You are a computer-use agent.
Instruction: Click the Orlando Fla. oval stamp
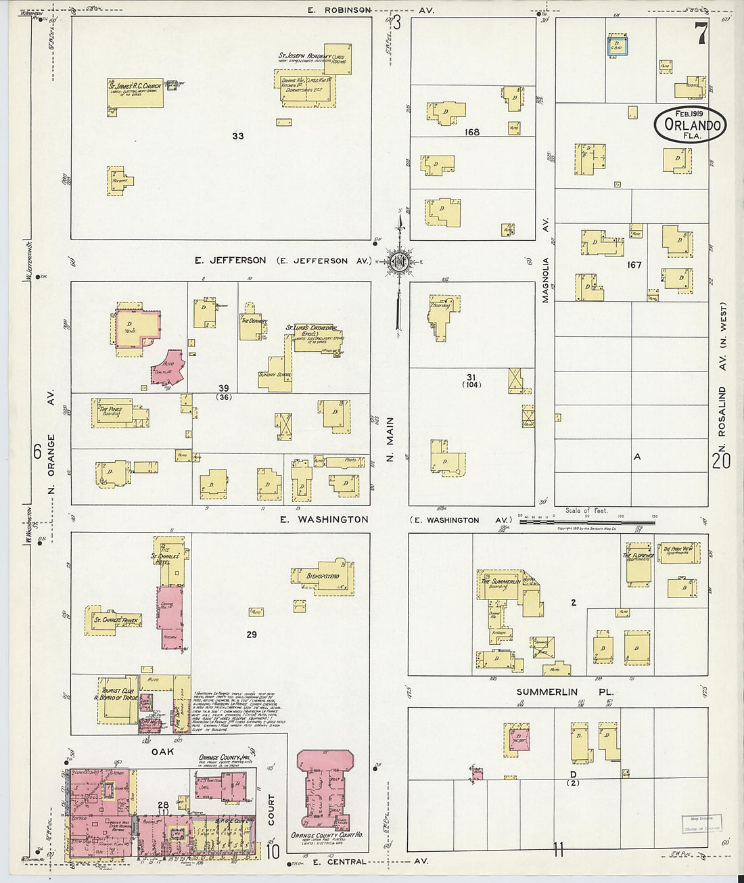pyautogui.click(x=690, y=125)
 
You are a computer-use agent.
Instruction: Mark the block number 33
pyautogui.click(x=237, y=136)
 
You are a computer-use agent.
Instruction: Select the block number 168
pyautogui.click(x=471, y=132)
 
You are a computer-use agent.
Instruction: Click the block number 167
pyautogui.click(x=634, y=265)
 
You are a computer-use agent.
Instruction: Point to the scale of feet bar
pyautogui.click(x=586, y=522)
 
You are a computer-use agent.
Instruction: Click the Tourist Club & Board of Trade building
pyautogui.click(x=118, y=699)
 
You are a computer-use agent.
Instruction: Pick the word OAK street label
pyautogui.click(x=162, y=752)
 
